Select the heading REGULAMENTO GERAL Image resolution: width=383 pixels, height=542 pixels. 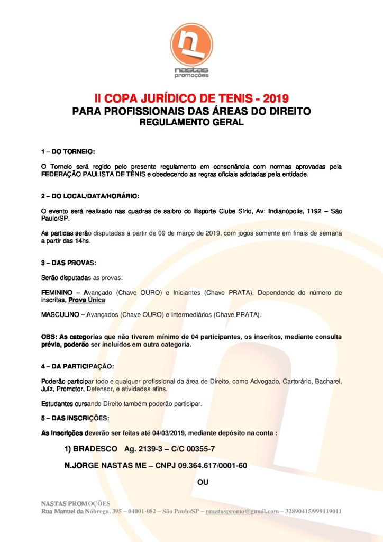[191, 123]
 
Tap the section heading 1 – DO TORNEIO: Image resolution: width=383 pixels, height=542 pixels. [68, 151]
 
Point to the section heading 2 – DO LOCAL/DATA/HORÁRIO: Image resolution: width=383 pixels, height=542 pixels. [90, 196]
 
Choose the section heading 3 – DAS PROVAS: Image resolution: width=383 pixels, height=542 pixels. [69, 263]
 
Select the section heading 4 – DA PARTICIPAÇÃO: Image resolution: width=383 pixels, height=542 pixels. [77, 366]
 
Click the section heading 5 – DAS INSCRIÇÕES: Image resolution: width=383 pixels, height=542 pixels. [75, 418]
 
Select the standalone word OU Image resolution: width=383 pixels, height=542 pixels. [203, 483]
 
